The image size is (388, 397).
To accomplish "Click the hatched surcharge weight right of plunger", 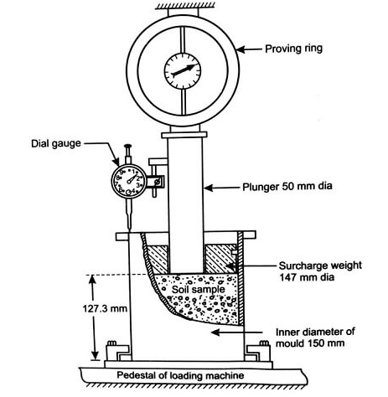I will pos(221,255).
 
